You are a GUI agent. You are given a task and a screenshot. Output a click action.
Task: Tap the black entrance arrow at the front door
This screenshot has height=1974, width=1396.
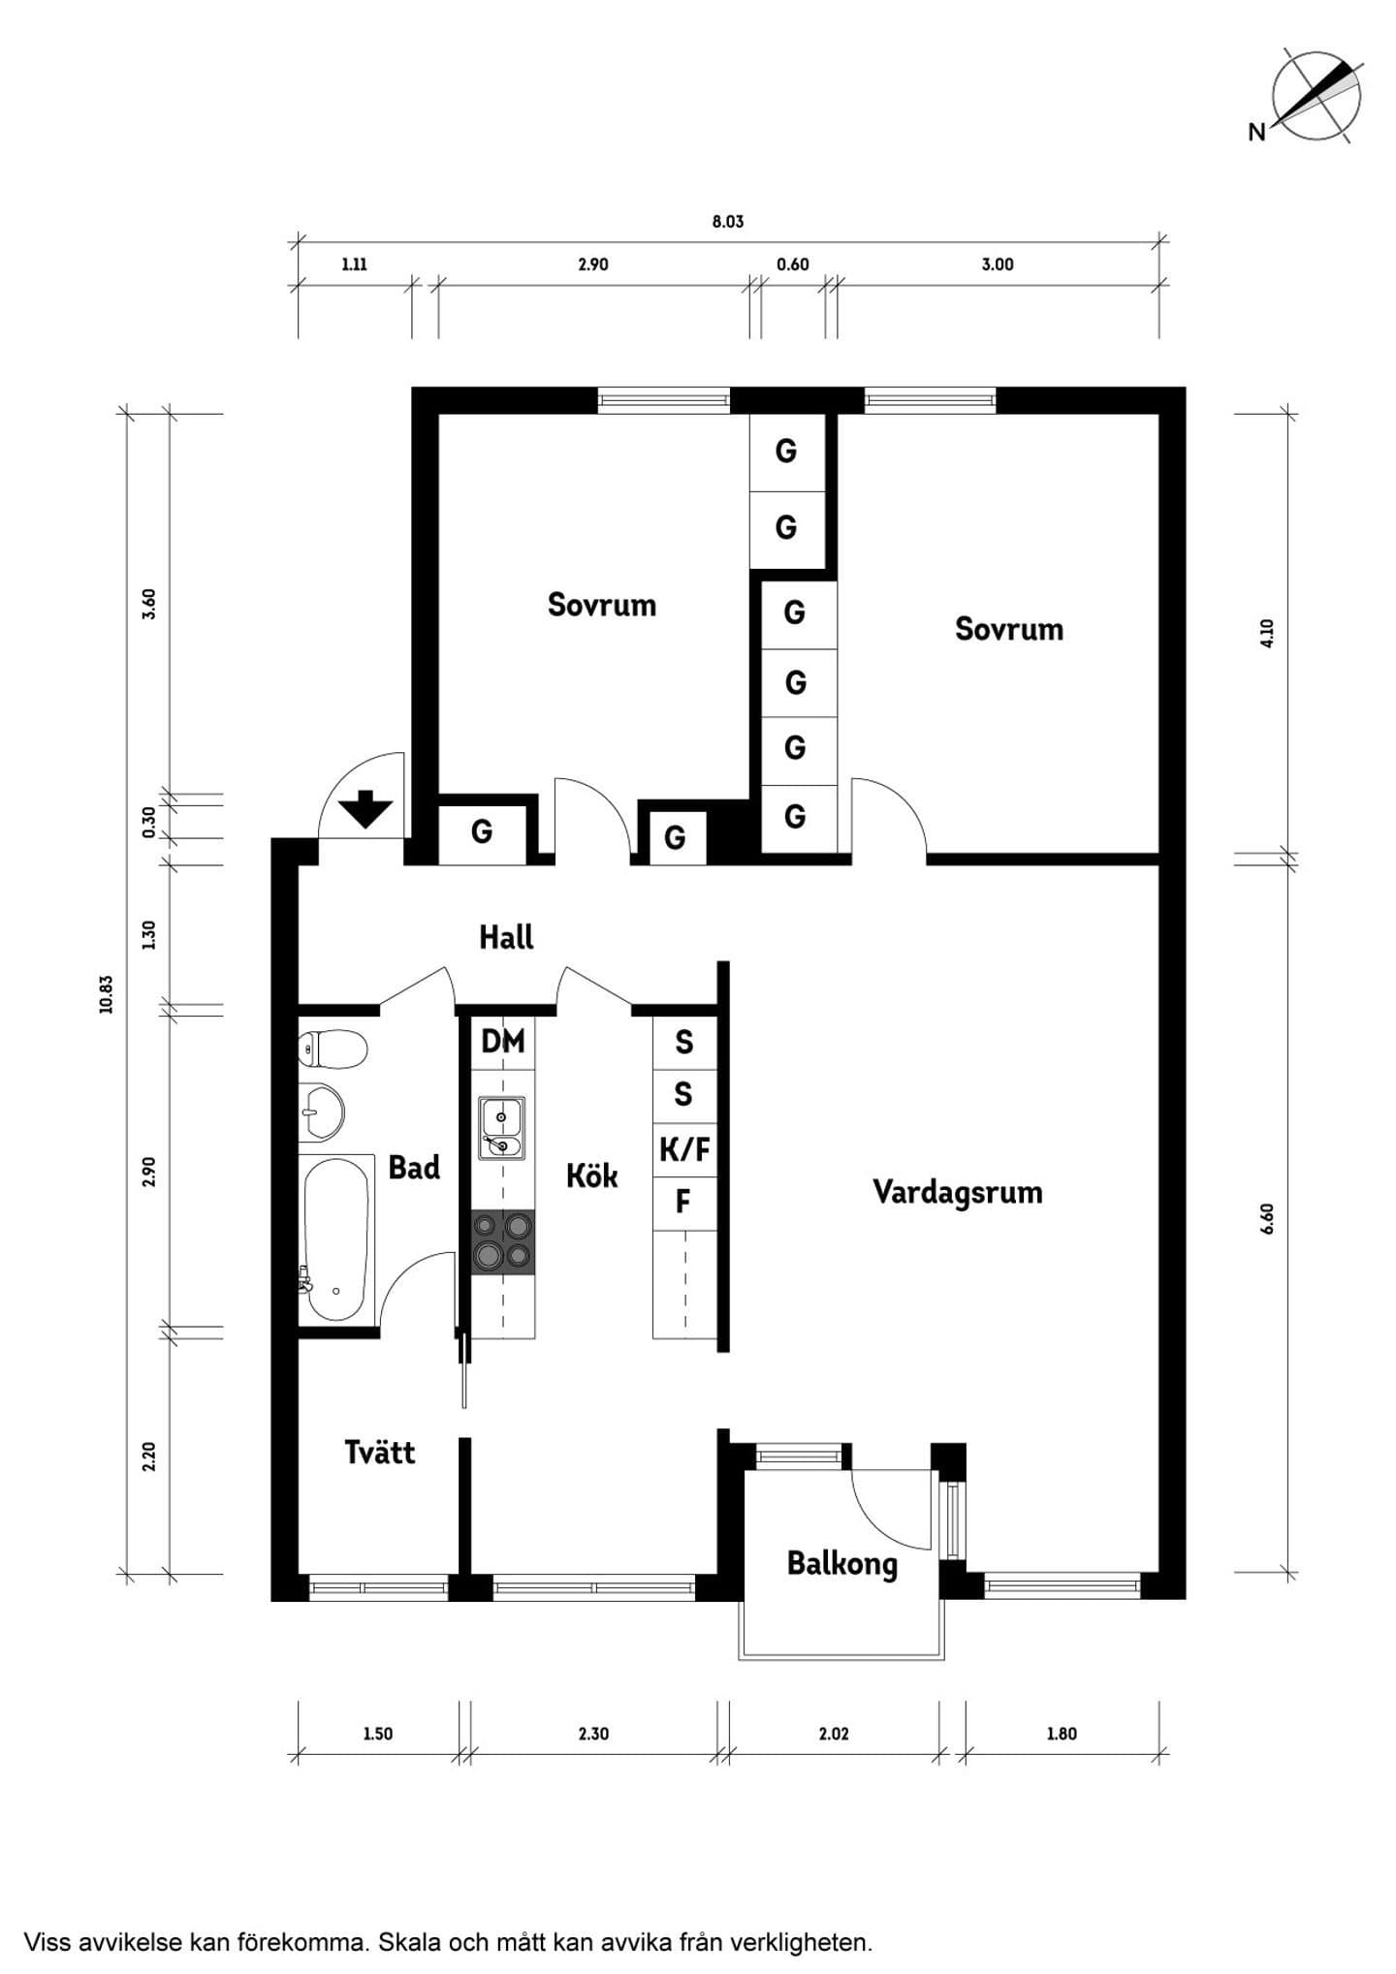point(365,809)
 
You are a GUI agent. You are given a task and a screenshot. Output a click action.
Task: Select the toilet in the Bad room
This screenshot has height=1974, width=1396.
point(333,1050)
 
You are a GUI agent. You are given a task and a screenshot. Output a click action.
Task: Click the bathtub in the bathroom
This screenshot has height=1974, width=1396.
point(335,1240)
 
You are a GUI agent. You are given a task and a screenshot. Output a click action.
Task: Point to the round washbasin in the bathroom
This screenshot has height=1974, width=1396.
point(321,1111)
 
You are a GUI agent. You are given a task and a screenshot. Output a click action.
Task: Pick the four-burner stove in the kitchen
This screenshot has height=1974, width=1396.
point(503,1241)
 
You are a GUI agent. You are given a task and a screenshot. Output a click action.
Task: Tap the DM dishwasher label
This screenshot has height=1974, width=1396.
point(503,1042)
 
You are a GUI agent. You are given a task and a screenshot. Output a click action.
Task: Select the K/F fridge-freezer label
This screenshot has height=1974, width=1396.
point(684,1150)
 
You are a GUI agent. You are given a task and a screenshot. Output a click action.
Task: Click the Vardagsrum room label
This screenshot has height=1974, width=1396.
point(957,1192)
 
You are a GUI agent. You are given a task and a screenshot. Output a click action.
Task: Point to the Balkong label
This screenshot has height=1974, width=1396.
point(841,1563)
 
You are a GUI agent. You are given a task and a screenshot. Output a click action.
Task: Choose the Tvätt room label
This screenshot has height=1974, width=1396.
point(379,1453)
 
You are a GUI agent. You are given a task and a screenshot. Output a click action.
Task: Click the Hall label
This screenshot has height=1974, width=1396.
point(506,937)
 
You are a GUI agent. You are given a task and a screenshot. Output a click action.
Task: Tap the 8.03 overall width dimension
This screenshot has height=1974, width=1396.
point(728,222)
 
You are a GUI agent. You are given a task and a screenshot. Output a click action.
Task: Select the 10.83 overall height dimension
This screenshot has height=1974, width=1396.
point(107,994)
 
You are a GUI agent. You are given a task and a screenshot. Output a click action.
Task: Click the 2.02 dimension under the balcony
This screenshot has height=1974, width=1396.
point(834,1734)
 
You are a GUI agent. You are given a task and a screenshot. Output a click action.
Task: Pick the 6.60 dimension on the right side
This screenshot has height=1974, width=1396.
point(1267,1219)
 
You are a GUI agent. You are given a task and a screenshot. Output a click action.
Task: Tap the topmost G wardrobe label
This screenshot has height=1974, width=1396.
point(786,451)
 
